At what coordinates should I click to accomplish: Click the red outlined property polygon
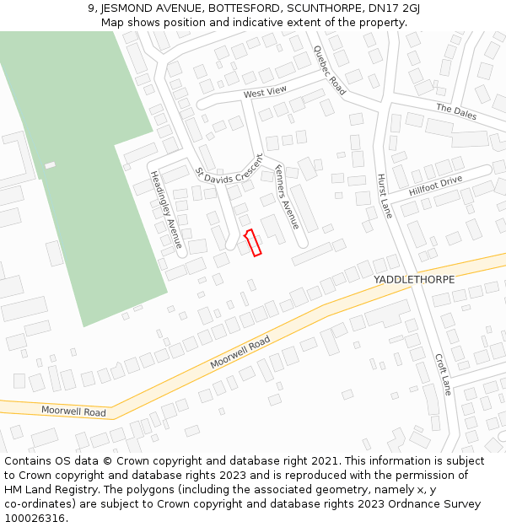pos(252,242)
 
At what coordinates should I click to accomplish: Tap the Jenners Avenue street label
pos(287,196)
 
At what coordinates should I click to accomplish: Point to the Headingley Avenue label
pos(167,208)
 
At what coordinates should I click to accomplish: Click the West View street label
pos(265,92)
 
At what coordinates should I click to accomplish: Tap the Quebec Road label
pos(330,70)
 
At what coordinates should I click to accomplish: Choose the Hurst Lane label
pos(385,196)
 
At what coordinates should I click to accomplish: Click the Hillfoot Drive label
pos(436,186)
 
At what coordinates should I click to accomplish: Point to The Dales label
pos(456,111)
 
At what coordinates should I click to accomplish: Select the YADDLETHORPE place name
pos(414,279)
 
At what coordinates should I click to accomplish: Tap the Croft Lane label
pos(443,374)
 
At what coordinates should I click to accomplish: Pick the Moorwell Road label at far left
pos(74,411)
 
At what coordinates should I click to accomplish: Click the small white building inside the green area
pos(50,165)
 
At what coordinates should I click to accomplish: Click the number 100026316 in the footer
pos(35,519)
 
